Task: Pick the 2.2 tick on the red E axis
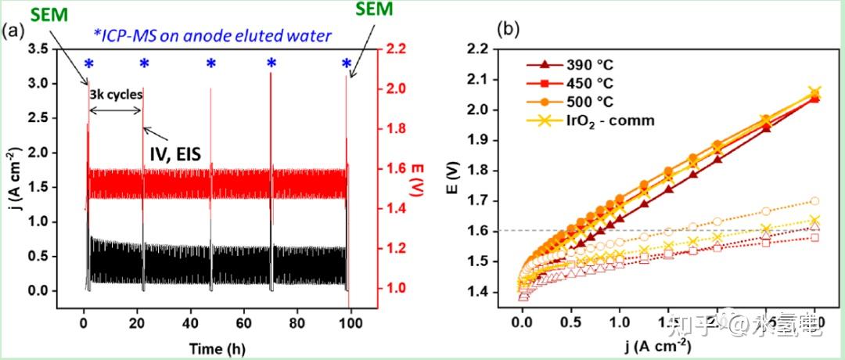[397, 49]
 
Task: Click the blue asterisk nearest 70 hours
[271, 64]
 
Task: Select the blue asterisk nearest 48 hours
[210, 64]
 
